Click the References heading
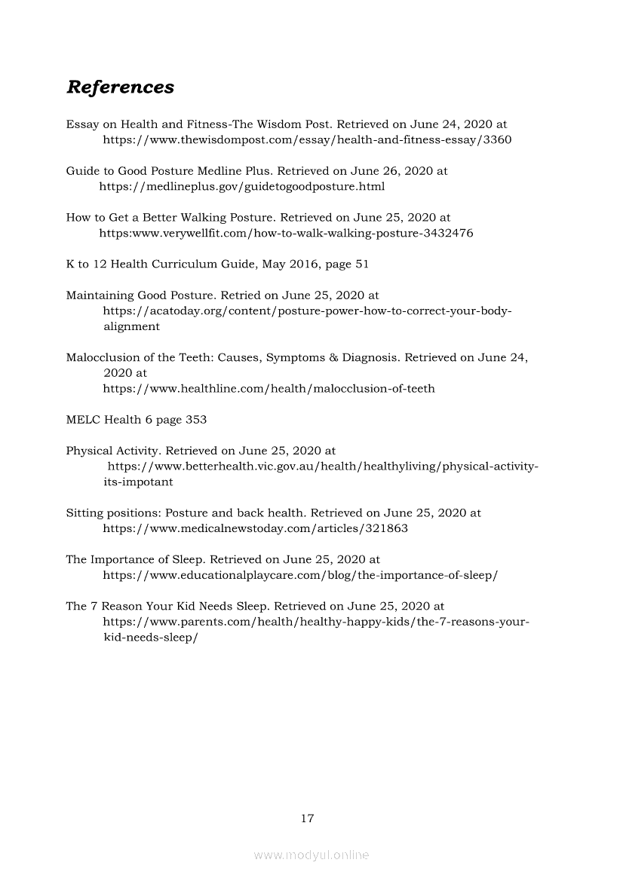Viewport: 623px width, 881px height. (120, 87)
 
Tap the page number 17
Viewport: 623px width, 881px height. (307, 818)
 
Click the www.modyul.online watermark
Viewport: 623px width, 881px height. (311, 855)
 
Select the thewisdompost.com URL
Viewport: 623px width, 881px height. (307, 140)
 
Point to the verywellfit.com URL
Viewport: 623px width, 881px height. (286, 233)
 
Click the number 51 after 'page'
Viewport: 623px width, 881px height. (361, 265)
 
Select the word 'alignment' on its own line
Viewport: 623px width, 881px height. (131, 326)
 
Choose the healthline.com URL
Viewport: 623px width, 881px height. (269, 389)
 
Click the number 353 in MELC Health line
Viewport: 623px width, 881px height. (196, 420)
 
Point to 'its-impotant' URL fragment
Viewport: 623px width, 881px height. (138, 482)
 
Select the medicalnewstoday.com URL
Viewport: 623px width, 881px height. (255, 528)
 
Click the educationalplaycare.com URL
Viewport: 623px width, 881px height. (300, 575)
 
